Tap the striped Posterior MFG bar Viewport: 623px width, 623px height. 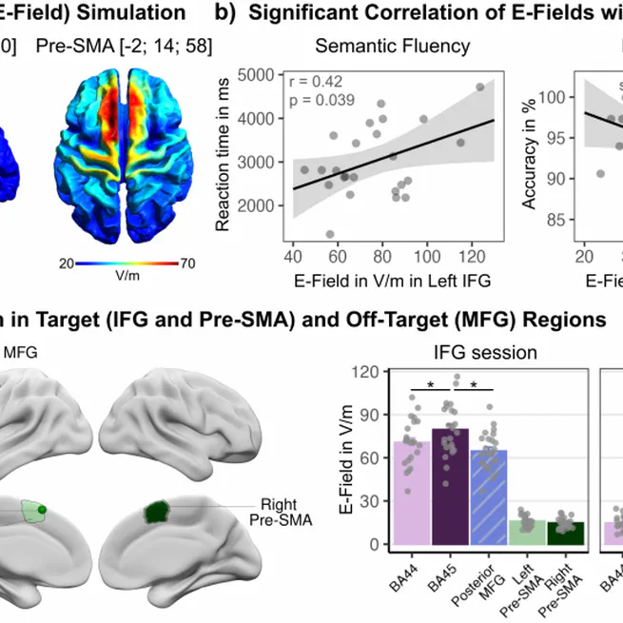pos(488,499)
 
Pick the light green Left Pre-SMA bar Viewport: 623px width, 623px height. pos(526,534)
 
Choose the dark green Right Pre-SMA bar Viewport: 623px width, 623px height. pos(564,535)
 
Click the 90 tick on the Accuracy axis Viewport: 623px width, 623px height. pos(560,179)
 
